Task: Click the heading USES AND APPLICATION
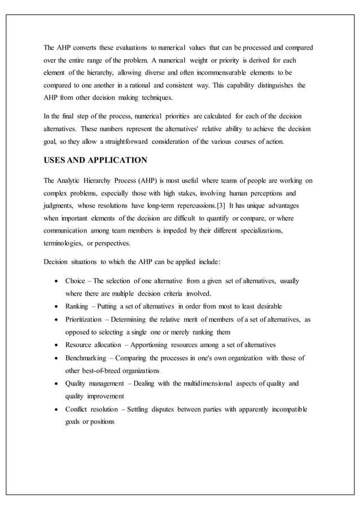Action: pos(95,160)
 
